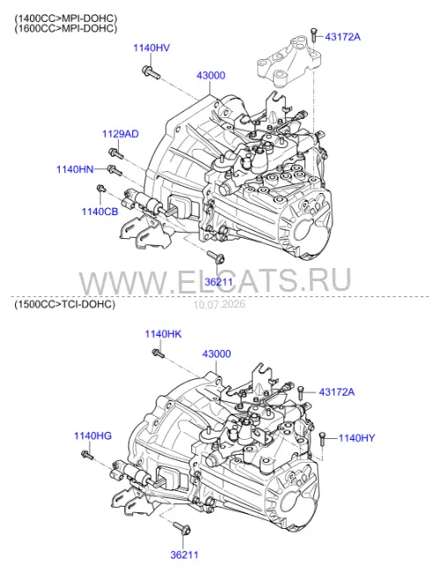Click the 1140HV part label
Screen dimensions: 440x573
click(151, 48)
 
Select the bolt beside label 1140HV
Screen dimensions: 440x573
click(150, 71)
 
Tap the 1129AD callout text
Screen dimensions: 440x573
click(121, 134)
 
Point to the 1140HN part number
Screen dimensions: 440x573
click(75, 169)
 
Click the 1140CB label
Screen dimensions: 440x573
click(100, 212)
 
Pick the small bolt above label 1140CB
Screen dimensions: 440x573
click(101, 189)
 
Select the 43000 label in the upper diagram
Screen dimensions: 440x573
click(211, 75)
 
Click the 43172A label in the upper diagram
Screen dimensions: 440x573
click(342, 37)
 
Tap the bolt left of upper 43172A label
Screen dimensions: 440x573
click(313, 34)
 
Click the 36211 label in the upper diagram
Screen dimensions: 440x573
click(218, 282)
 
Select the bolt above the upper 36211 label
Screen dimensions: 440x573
click(216, 257)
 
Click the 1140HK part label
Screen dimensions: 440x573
click(163, 334)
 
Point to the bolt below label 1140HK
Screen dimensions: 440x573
click(158, 353)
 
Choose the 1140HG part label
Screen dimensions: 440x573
click(92, 436)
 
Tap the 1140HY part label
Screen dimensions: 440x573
click(356, 438)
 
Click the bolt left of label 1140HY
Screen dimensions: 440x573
click(322, 439)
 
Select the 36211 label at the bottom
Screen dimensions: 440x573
click(184, 554)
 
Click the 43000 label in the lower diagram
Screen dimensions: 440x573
click(216, 353)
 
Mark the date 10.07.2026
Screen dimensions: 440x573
click(219, 304)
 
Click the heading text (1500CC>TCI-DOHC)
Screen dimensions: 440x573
click(65, 304)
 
